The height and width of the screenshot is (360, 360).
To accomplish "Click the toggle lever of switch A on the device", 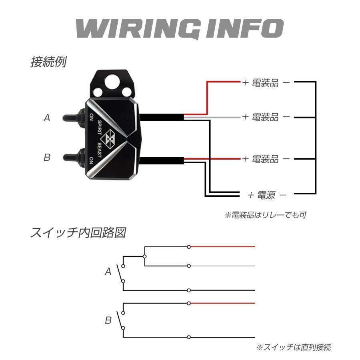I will (x=72, y=118).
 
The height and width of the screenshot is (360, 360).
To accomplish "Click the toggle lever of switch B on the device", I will (x=72, y=157).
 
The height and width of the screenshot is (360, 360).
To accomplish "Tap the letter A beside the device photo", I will (x=47, y=118).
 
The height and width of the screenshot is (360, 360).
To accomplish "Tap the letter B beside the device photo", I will (x=47, y=158).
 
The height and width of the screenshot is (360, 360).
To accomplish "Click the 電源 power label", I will (x=266, y=195).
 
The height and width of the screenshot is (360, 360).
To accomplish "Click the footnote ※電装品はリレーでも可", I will (x=265, y=215).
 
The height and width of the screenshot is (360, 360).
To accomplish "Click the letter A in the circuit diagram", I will (x=108, y=272).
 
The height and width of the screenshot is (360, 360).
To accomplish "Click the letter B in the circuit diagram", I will (x=108, y=320).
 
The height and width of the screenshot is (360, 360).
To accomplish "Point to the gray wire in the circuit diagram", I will (x=222, y=266).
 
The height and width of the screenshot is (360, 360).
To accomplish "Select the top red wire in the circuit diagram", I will (x=222, y=247).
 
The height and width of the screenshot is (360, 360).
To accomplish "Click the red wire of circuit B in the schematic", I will (x=222, y=303).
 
